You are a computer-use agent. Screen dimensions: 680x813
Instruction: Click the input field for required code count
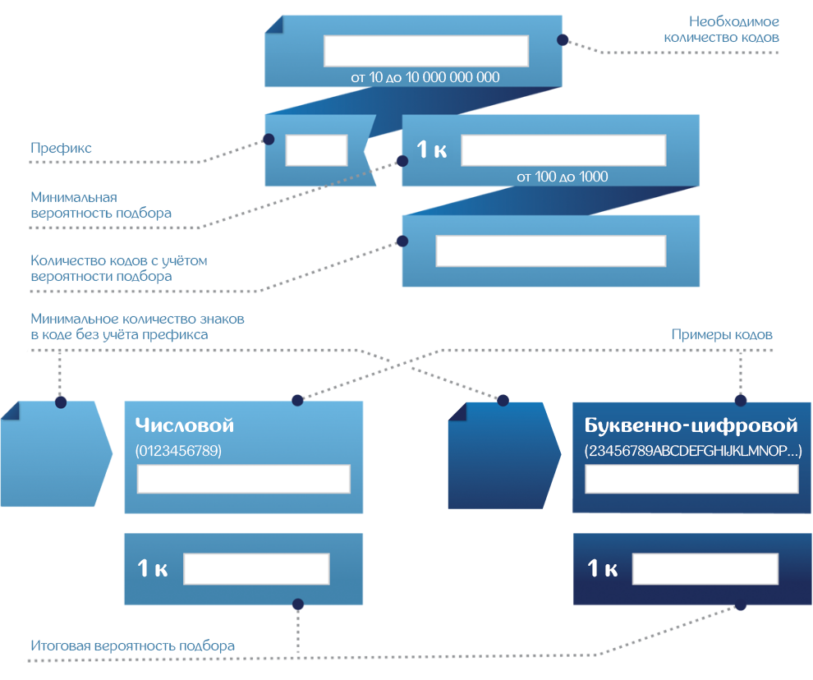[425, 51]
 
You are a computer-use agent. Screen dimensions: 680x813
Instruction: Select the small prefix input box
[316, 151]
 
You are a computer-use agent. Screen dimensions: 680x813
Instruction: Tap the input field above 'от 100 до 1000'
[563, 150]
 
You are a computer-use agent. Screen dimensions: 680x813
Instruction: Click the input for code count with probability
[549, 251]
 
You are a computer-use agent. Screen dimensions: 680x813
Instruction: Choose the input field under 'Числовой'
[243, 479]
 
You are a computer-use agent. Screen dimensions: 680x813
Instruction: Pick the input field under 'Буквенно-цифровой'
[691, 479]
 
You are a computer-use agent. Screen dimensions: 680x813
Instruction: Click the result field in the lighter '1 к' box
[256, 569]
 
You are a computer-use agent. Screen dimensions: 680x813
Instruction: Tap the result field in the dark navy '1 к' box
[705, 569]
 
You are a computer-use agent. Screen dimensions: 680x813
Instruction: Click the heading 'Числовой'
[185, 425]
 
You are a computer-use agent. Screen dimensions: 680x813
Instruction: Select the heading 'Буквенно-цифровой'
[691, 425]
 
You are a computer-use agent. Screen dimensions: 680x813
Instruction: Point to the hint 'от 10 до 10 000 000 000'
[425, 77]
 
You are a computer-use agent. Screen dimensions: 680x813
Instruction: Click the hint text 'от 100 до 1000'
[563, 177]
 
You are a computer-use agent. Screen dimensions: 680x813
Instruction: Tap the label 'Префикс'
[61, 149]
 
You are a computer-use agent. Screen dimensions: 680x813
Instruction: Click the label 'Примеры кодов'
[722, 335]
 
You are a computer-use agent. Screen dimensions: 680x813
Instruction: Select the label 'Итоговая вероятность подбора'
[132, 646]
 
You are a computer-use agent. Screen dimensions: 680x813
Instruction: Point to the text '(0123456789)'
[178, 451]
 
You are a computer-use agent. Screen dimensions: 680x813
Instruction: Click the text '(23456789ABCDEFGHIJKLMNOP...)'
[692, 451]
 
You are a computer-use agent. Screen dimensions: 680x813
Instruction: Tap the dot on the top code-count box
[563, 39]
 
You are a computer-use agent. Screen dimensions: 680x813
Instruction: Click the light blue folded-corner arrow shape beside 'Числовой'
[53, 455]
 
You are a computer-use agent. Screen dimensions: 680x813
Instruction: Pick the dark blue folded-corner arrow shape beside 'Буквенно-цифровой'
[499, 457]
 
